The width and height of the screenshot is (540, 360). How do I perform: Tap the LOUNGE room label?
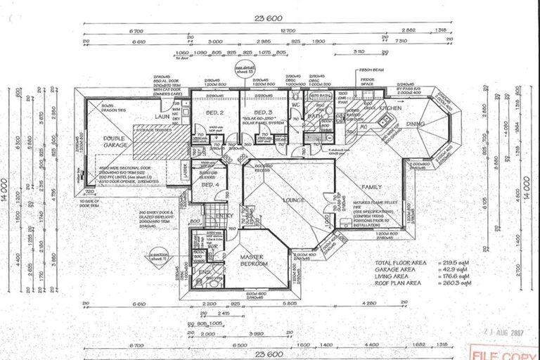(x=294, y=201)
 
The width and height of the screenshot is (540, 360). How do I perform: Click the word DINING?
(x=435, y=124)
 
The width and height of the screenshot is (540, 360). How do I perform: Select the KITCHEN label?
(x=390, y=109)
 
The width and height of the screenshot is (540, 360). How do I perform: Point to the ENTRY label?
(x=224, y=215)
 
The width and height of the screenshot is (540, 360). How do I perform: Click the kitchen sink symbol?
(x=385, y=122)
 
